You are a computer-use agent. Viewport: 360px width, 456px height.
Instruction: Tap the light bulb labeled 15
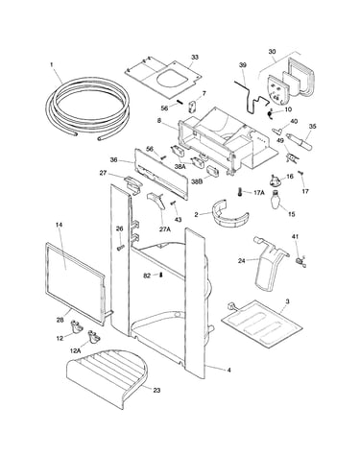(x=276, y=200)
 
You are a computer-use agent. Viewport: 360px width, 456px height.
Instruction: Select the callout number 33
(x=195, y=58)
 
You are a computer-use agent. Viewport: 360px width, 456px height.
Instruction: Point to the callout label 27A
(x=165, y=229)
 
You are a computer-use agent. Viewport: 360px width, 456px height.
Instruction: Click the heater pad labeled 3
(x=262, y=324)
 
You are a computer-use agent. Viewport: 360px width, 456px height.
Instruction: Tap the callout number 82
(x=147, y=275)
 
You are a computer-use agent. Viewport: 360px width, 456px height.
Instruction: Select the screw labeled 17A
(x=240, y=192)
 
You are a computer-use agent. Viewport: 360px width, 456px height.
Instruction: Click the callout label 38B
(x=197, y=181)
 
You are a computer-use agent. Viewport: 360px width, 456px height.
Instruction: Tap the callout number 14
(x=59, y=225)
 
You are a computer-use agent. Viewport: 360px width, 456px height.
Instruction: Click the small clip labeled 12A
(x=93, y=337)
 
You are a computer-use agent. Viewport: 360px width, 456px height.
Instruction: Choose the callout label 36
(x=113, y=159)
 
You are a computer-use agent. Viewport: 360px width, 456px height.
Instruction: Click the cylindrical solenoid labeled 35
(x=300, y=142)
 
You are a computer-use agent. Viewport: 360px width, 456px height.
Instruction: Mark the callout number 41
(x=295, y=237)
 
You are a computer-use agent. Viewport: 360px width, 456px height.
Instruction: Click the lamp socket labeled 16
(x=274, y=180)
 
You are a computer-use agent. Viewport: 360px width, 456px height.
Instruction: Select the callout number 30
(x=272, y=52)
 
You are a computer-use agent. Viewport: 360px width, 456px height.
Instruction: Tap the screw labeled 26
(x=121, y=248)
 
